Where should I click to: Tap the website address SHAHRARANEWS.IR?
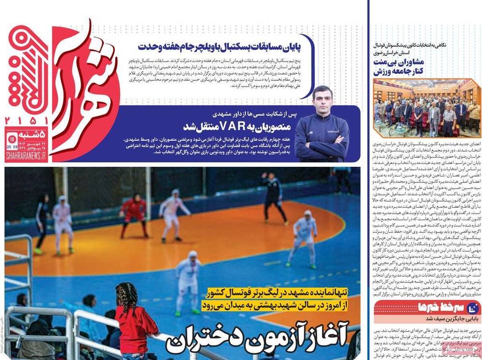point(26,155)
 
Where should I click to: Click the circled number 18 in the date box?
point(12,139)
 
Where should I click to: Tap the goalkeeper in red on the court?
point(133,213)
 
